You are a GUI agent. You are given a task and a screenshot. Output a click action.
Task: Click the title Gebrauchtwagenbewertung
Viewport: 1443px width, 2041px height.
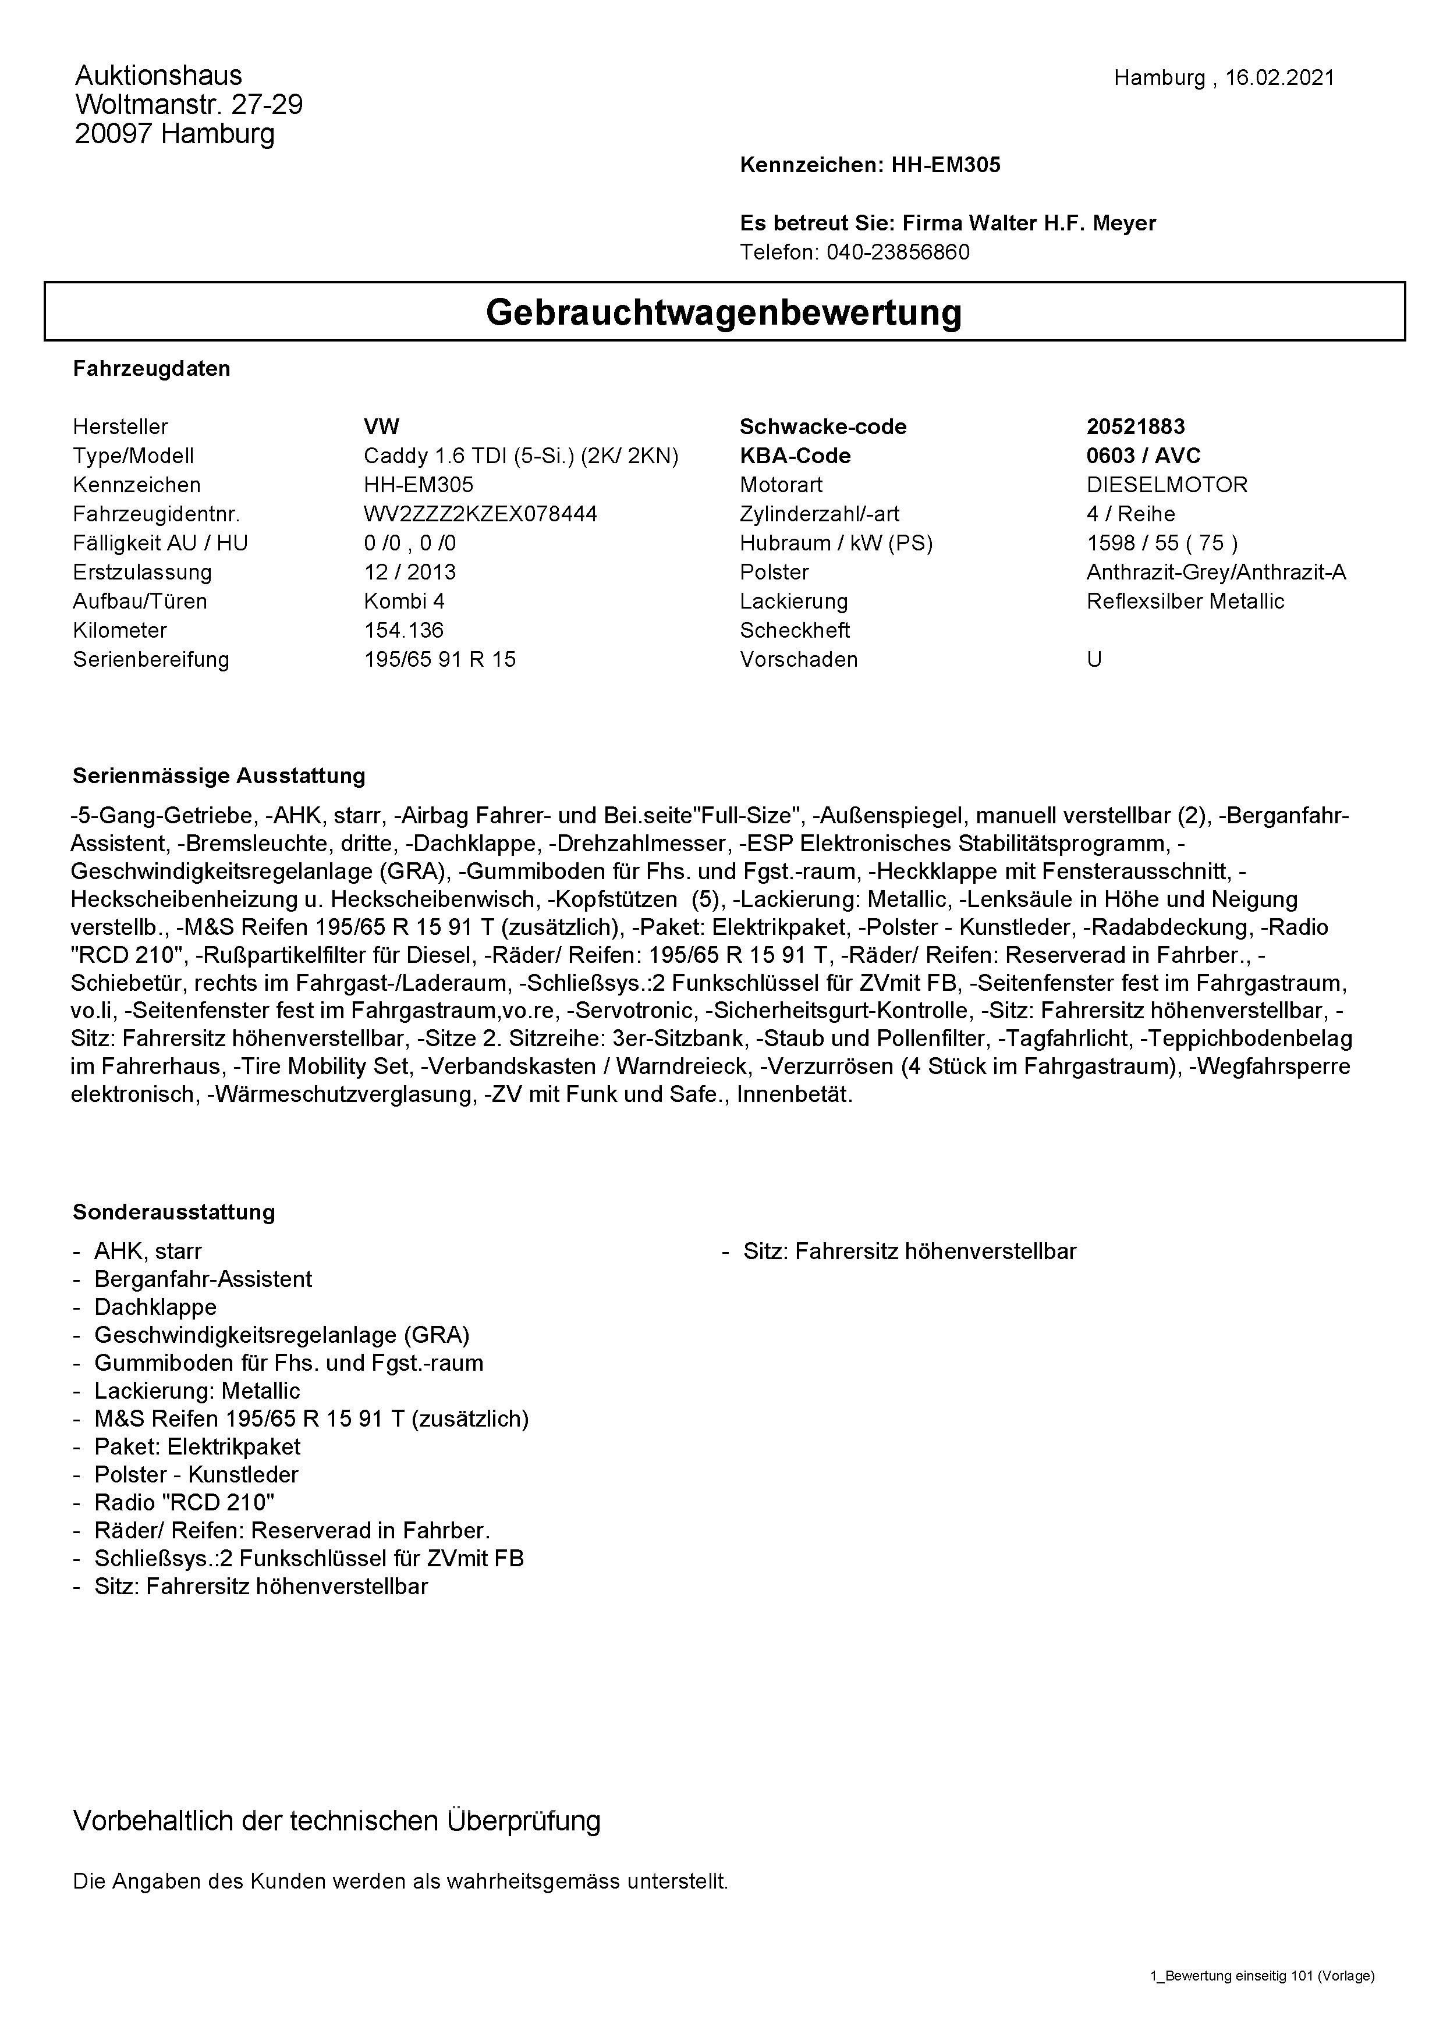tap(724, 312)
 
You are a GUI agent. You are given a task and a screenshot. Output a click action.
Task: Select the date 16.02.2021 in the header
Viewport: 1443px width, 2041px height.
tap(1279, 78)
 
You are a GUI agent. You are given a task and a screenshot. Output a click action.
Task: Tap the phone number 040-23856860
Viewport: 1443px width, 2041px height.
tap(898, 253)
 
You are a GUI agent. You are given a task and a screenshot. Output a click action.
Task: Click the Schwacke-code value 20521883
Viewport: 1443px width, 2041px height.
tap(1136, 426)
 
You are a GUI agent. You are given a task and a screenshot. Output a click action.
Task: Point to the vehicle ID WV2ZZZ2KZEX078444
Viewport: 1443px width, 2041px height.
tap(480, 514)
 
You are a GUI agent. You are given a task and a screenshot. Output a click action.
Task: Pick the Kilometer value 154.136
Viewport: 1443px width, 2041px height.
tap(403, 630)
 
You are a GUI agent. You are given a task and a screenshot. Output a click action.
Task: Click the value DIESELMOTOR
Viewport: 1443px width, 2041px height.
tap(1167, 485)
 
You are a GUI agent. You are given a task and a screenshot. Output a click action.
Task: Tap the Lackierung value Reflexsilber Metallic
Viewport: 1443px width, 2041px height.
tap(1185, 601)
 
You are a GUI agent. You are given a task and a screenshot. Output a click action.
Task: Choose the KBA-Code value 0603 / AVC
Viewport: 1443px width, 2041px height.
tap(1143, 456)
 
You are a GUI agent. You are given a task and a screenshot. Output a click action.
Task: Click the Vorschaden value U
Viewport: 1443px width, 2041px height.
tap(1094, 660)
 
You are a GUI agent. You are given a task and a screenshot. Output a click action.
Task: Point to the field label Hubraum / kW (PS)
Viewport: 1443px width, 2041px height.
tap(836, 543)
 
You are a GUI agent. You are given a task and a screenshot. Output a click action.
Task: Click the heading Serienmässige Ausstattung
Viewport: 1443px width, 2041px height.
tap(219, 776)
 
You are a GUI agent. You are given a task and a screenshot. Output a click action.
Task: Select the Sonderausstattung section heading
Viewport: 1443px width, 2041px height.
tap(174, 1212)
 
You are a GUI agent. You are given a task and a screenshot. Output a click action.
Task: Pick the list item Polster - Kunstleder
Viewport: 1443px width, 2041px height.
tap(197, 1475)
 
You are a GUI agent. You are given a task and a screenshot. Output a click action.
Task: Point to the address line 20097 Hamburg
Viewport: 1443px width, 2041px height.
tap(175, 134)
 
